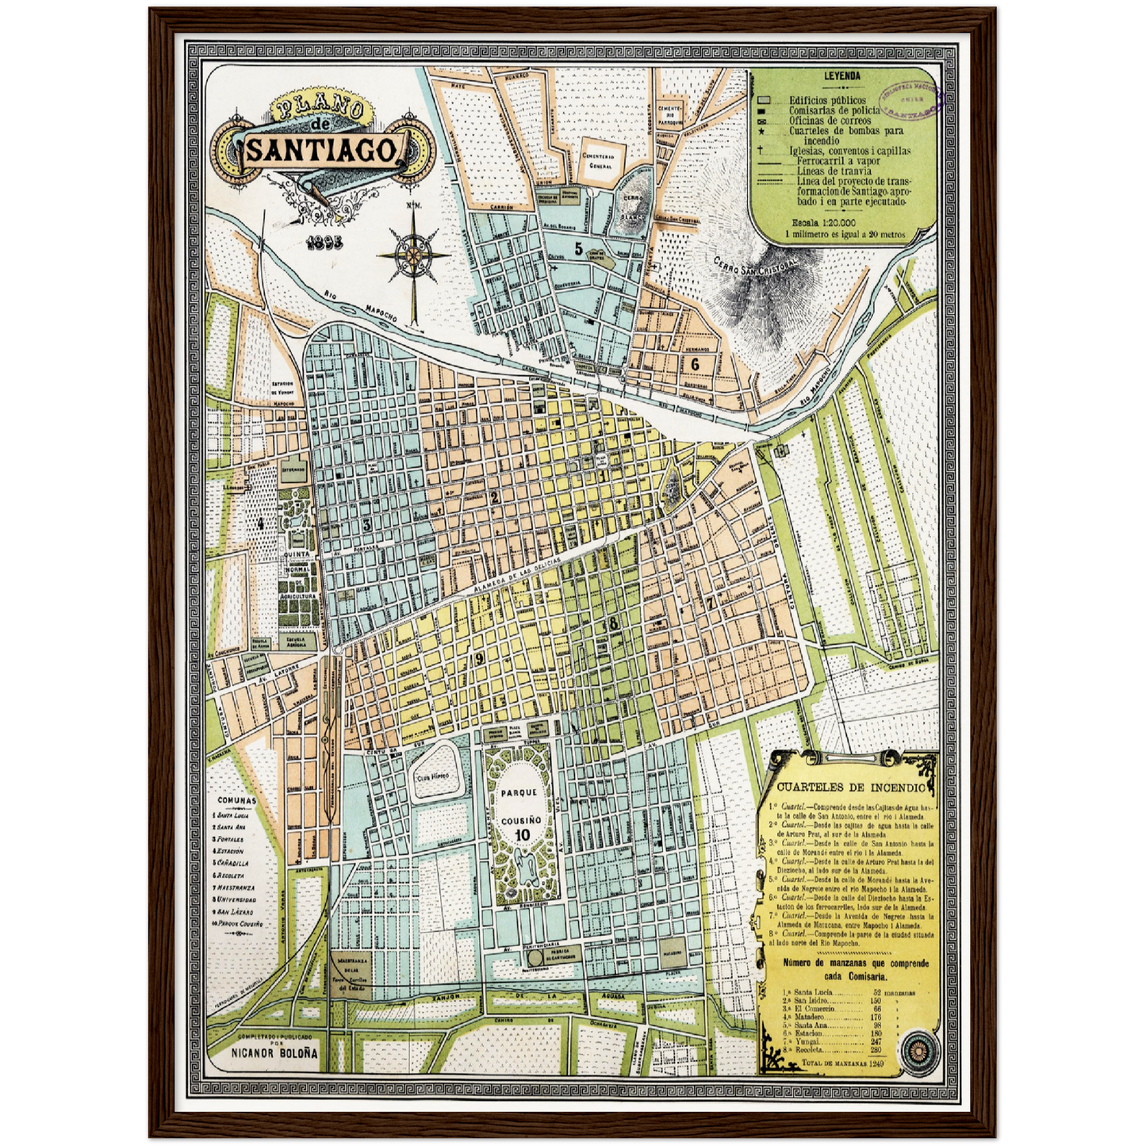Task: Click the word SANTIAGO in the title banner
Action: pos(321,149)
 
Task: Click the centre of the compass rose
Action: pos(413,255)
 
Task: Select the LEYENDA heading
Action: pos(842,77)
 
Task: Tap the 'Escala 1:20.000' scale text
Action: pos(823,224)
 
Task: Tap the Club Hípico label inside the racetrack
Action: pos(433,776)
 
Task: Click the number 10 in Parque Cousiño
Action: pos(521,834)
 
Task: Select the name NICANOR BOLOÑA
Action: pos(274,1052)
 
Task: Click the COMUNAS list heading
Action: pos(237,801)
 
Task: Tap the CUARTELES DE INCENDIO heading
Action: pos(850,788)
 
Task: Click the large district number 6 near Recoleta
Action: pos(695,364)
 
